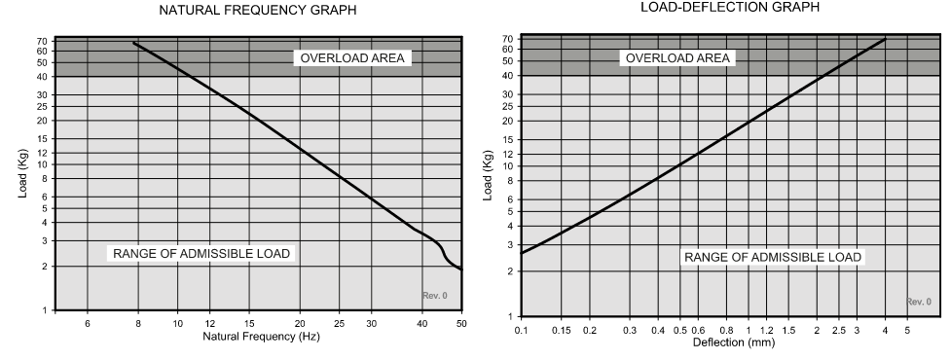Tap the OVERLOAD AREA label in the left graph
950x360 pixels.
pos(351,57)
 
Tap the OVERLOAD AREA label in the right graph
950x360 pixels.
pos(677,58)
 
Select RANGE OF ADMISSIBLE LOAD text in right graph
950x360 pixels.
pos(773,257)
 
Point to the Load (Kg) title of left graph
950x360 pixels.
pos(22,174)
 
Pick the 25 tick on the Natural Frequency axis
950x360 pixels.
pos(338,323)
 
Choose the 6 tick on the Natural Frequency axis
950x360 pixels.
pos(88,323)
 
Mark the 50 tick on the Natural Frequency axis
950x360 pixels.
pos(460,323)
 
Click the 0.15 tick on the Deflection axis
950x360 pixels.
pos(563,330)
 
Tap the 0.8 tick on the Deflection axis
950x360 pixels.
pos(726,330)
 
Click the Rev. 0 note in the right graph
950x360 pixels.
pos(918,302)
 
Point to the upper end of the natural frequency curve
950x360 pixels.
pos(133,43)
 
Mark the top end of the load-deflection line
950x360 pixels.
pos(884,39)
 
